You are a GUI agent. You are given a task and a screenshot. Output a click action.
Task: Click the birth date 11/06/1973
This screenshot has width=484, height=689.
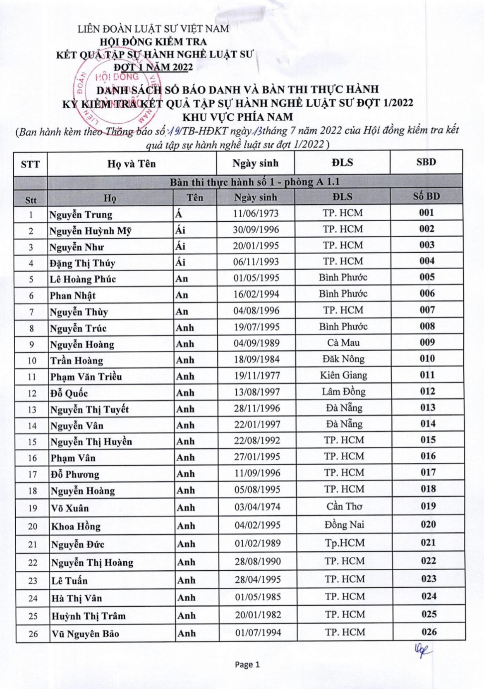pos(256,213)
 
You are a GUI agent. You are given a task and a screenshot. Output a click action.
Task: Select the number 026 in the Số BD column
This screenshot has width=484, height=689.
pos(429,632)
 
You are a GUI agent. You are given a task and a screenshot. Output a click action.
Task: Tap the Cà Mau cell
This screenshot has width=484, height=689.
pos(343,343)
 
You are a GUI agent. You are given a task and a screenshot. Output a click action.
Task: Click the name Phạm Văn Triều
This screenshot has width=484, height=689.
pos(86,377)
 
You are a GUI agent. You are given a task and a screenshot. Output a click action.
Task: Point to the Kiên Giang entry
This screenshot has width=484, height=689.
pos(343,376)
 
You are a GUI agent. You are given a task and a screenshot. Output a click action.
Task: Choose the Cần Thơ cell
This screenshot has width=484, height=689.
pos(344,507)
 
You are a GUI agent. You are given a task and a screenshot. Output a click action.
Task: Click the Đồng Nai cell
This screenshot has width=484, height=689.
pos(344,525)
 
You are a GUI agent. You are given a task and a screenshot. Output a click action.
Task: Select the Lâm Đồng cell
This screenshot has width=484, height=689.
pos(343,392)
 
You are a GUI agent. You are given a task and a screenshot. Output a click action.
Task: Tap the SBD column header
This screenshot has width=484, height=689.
pos(426,162)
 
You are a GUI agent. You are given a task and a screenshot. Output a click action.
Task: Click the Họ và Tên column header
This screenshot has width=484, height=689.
pos(132,164)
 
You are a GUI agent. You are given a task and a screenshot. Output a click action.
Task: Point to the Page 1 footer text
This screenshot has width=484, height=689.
pos(247,665)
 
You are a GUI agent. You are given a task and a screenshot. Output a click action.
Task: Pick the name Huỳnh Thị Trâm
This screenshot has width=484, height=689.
pos(89,616)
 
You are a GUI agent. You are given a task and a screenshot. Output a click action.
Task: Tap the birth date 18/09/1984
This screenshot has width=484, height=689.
pos(256,359)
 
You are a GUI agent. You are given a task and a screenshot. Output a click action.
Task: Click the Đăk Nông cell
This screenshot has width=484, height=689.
pos(343,359)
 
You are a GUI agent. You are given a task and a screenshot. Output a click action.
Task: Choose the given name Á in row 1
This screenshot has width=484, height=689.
pos(179,215)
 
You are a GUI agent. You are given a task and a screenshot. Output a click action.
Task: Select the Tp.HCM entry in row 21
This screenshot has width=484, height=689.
pos(345,543)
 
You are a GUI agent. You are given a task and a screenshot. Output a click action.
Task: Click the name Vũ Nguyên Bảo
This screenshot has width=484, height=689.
pos(85,634)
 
